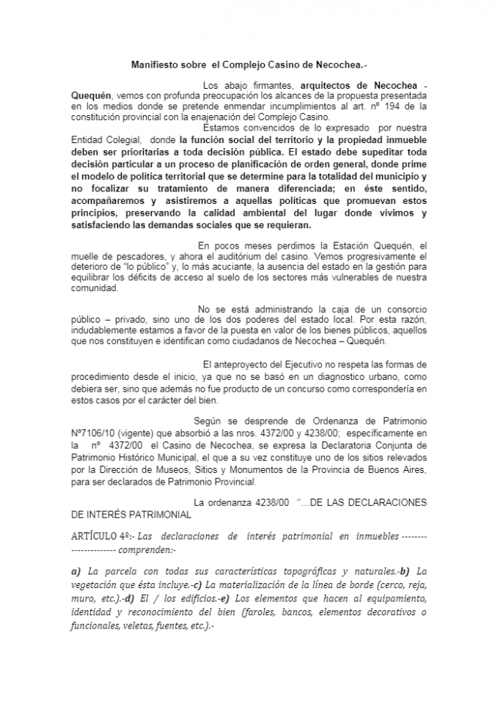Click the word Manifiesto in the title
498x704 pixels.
tap(151, 65)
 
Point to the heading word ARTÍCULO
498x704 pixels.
tap(96, 536)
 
